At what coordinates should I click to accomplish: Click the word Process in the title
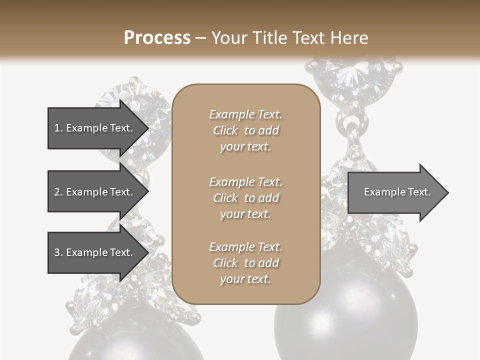click(x=157, y=38)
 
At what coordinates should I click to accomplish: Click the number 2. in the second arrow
click(x=58, y=192)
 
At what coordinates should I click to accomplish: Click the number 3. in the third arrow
click(x=58, y=252)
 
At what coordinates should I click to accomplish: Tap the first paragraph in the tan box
click(x=245, y=130)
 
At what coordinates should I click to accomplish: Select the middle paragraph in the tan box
click(x=245, y=198)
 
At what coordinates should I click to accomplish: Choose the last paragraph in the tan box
click(x=245, y=263)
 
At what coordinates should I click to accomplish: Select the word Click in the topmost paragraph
click(x=225, y=130)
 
